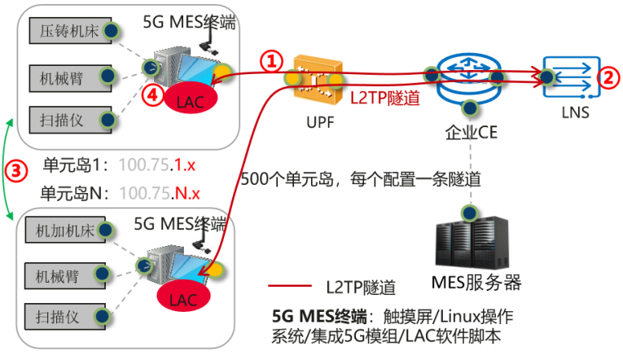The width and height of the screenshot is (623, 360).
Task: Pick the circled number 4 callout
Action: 150,94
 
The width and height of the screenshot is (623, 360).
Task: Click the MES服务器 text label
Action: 476,283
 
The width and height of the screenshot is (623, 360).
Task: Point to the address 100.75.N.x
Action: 160,193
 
